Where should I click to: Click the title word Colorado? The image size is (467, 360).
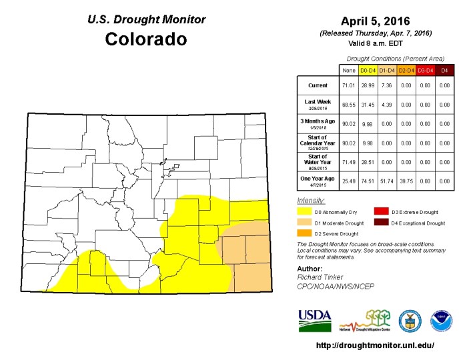145,39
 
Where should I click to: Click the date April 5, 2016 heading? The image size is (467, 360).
376,21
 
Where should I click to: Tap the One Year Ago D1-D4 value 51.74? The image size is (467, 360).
386,181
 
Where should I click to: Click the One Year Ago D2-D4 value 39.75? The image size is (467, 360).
406,181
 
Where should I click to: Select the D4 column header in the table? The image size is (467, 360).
443,69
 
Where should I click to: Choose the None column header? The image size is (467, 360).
348,69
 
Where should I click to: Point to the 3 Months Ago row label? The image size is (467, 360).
316,124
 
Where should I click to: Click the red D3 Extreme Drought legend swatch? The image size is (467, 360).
382,211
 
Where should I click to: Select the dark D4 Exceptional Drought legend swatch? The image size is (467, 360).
382,223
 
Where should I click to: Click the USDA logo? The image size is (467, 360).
314,320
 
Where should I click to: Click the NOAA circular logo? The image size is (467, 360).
441,319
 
